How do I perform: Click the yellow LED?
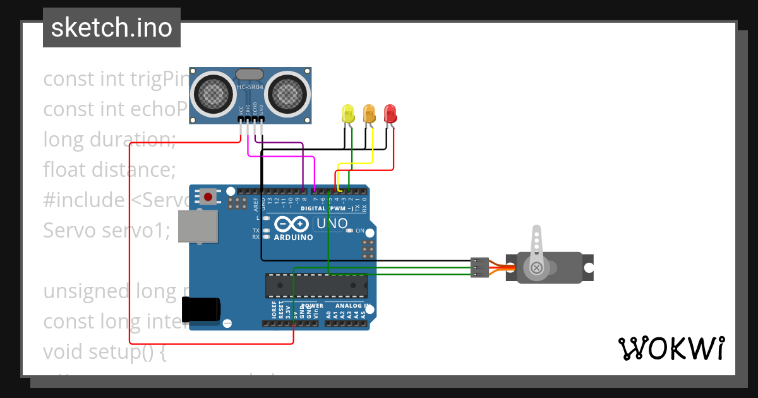pos(348,114)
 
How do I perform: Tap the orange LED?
pos(370,114)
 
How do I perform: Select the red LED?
pos(390,114)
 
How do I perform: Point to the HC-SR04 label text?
pos(250,87)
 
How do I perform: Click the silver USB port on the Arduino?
pos(197,226)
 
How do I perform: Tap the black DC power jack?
pos(201,310)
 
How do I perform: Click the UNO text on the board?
pos(332,223)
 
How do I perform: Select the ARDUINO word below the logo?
pos(293,238)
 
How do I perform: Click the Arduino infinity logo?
pos(291,224)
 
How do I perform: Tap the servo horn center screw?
pos(537,268)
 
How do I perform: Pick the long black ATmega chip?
pos(316,286)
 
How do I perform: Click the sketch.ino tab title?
pos(112,28)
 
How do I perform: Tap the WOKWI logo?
pos(671,348)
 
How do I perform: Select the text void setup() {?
pos(104,351)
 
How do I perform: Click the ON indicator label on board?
pos(360,231)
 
